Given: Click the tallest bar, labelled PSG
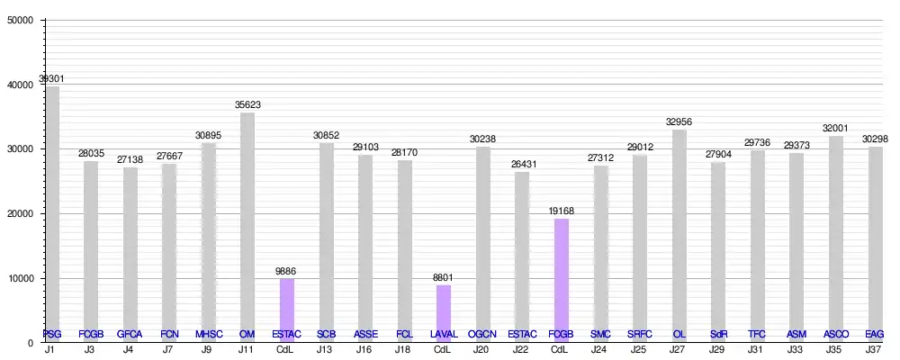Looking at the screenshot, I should [x=53, y=211].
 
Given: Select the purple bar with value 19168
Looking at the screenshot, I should [x=561, y=279].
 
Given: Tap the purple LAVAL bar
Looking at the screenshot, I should [x=444, y=311].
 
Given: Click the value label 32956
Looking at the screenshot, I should [x=679, y=121].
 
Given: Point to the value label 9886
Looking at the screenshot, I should [x=287, y=270].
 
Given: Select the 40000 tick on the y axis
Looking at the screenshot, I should [x=20, y=85].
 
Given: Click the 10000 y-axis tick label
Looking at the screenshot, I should [x=20, y=278].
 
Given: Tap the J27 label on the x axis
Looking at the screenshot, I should [x=679, y=348].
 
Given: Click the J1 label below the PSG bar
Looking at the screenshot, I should [x=53, y=348].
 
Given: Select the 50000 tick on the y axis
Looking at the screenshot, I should [x=20, y=20].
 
